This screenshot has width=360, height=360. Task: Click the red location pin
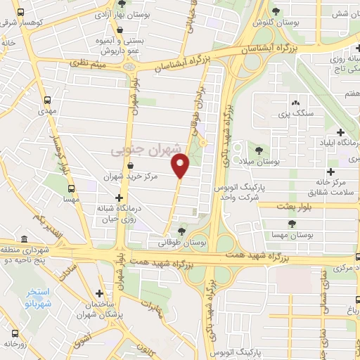tap(181, 166)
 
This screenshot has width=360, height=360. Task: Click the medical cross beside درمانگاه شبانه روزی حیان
tap(119, 198)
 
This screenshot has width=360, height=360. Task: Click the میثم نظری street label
tap(86, 64)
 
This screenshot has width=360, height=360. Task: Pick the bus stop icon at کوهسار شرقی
tap(19, 13)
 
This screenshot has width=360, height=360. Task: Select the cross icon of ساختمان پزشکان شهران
tap(99, 293)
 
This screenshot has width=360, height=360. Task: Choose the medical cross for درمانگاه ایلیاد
tap(340, 132)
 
